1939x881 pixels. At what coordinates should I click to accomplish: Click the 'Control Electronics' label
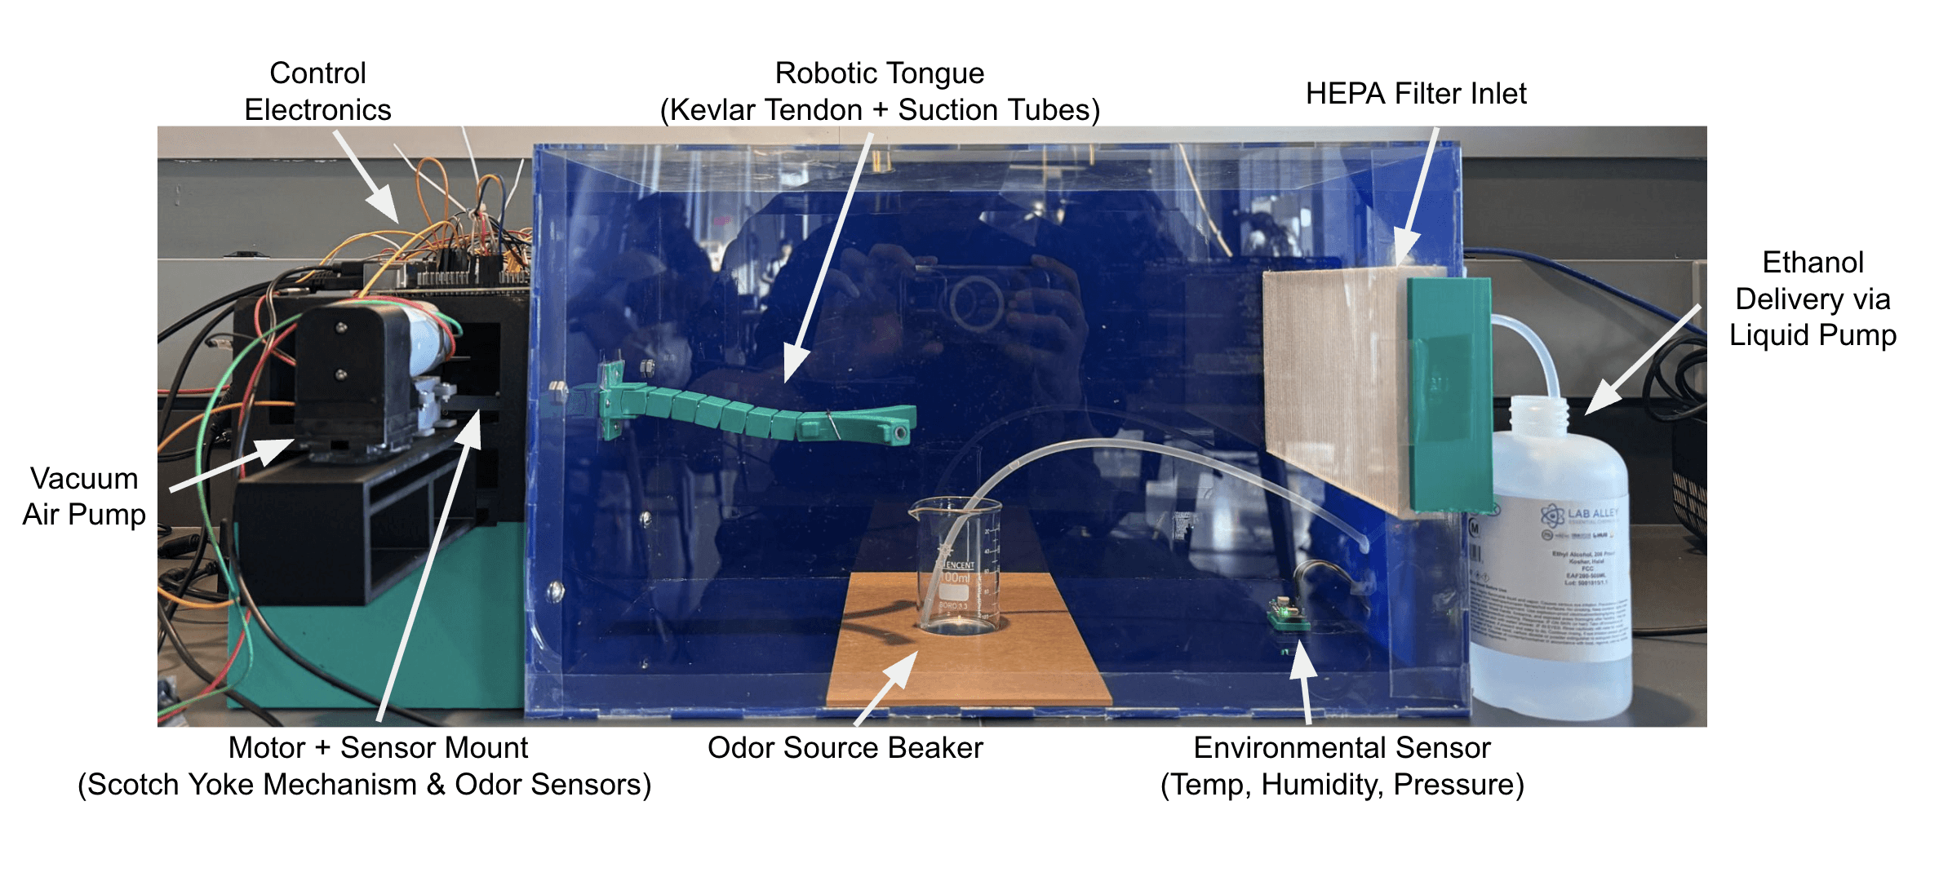click(x=317, y=91)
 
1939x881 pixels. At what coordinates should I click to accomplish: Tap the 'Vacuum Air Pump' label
click(x=84, y=496)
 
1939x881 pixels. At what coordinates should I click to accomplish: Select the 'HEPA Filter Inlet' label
click(x=1415, y=94)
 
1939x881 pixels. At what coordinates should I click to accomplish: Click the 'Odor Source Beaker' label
click(x=845, y=747)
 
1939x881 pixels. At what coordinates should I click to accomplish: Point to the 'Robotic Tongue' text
click(x=879, y=73)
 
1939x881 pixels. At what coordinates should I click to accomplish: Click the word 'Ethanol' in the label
click(x=1813, y=263)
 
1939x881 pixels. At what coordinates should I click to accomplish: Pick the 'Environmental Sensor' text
click(x=1342, y=747)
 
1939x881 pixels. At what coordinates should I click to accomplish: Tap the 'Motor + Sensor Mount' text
click(x=378, y=747)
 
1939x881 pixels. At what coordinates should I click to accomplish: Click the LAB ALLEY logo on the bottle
click(x=1579, y=515)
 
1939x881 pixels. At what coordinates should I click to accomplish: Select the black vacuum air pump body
click(x=351, y=375)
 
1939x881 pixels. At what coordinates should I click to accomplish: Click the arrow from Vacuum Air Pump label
click(x=233, y=465)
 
